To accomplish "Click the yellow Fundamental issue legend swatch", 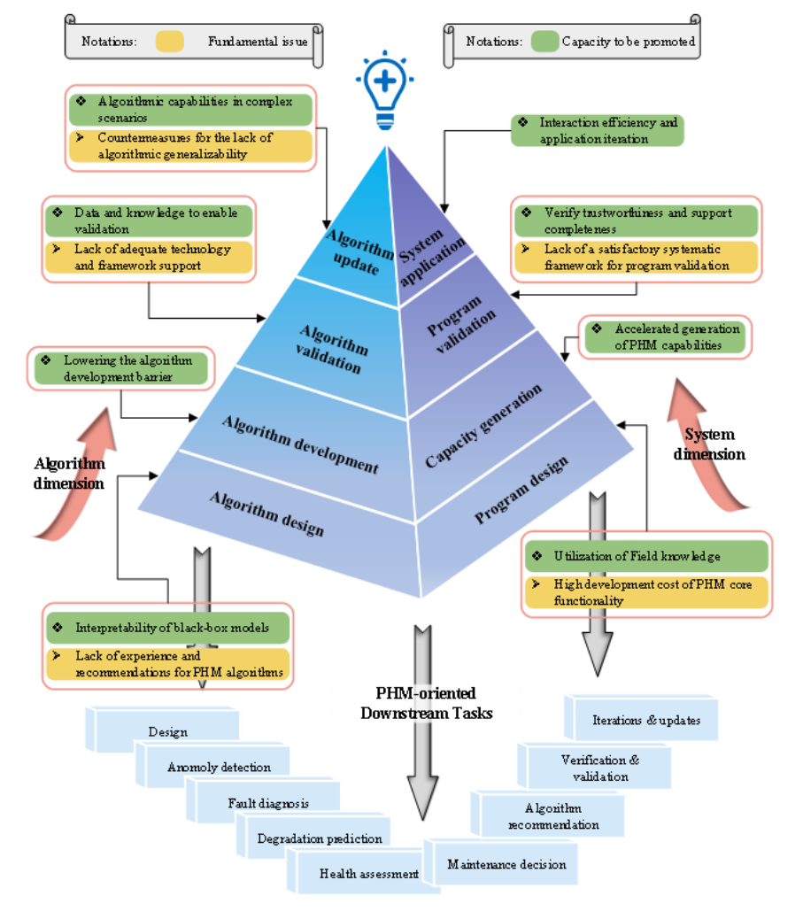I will pyautogui.click(x=169, y=41).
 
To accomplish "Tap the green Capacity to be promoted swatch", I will pyautogui.click(x=545, y=41).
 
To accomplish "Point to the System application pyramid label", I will pyautogui.click(x=431, y=256).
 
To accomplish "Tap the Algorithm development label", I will pyautogui.click(x=301, y=441).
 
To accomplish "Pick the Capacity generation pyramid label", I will pyautogui.click(x=483, y=427).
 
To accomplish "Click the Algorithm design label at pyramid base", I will pyautogui.click(x=266, y=514).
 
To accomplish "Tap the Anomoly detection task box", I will pyautogui.click(x=219, y=767).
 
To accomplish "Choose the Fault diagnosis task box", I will pyautogui.click(x=268, y=803).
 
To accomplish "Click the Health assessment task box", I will pyautogui.click(x=368, y=874).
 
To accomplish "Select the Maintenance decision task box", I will pyautogui.click(x=506, y=864).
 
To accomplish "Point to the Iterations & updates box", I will pyautogui.click(x=646, y=720).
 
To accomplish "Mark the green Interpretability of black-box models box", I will pyautogui.click(x=168, y=628).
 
